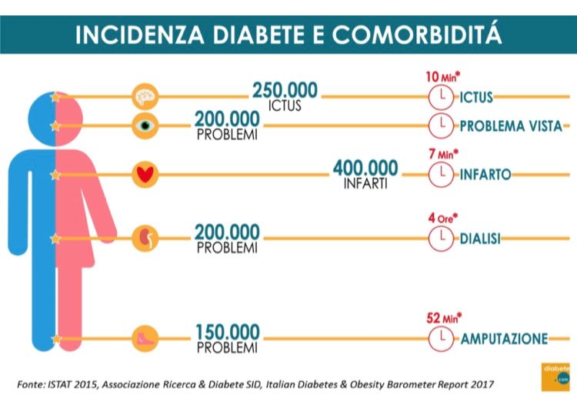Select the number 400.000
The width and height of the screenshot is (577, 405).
[x=365, y=168]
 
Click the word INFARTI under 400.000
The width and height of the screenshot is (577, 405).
[x=365, y=185]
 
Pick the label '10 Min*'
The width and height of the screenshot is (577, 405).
[x=443, y=78]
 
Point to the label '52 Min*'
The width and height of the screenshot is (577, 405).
[x=443, y=317]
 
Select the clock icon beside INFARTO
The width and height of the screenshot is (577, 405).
[x=439, y=175]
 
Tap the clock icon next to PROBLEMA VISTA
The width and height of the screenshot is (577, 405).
[x=439, y=126]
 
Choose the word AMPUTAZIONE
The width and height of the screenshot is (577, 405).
[x=504, y=339]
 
